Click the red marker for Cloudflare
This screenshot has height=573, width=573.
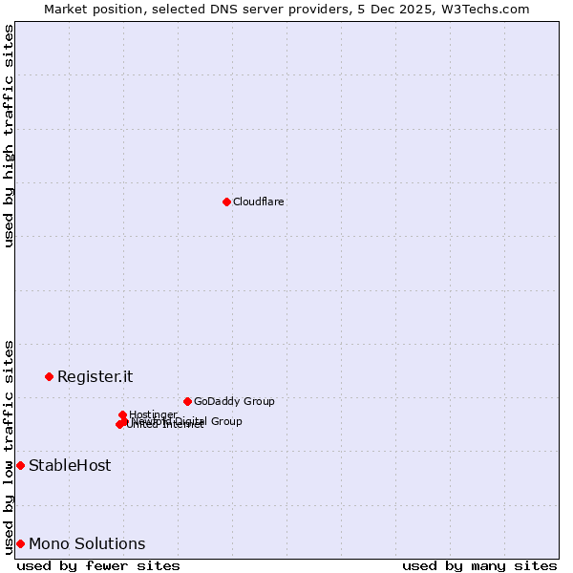[x=226, y=202]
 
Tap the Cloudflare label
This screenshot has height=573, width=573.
[x=258, y=202]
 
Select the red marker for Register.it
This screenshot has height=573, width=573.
[x=49, y=376]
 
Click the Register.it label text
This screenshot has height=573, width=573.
[x=95, y=376]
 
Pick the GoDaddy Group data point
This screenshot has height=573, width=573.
[x=187, y=401]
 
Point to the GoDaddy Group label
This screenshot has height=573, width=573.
[x=233, y=401]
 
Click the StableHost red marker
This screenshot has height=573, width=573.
[x=20, y=465]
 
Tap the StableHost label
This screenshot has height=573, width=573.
[x=70, y=466]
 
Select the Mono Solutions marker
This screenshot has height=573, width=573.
[x=20, y=543]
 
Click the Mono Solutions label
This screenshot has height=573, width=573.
[x=87, y=544]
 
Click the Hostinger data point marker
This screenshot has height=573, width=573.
[x=122, y=414]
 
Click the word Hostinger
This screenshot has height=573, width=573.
[x=153, y=414]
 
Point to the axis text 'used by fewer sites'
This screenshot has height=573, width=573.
[x=98, y=565]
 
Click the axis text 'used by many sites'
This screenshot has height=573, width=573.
[x=479, y=565]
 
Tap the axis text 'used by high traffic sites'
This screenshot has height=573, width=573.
[x=9, y=136]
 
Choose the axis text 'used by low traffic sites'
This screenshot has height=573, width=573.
[x=9, y=446]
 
